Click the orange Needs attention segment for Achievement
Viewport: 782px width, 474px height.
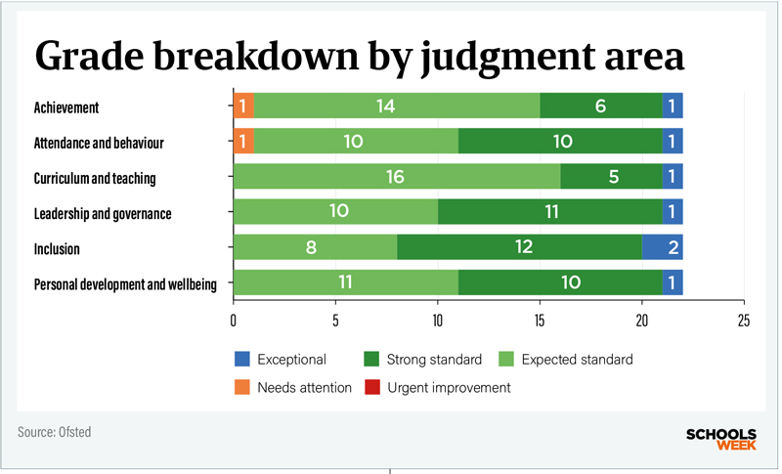pyautogui.click(x=243, y=107)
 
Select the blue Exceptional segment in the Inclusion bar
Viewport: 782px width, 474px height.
pyautogui.click(x=662, y=248)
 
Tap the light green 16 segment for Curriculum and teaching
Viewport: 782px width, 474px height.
pyautogui.click(x=397, y=178)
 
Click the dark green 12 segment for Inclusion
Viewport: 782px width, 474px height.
pyautogui.click(x=519, y=248)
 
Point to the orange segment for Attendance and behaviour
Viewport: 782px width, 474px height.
pyautogui.click(x=243, y=143)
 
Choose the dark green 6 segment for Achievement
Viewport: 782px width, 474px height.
pyautogui.click(x=600, y=107)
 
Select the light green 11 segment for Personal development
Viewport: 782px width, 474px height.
pyautogui.click(x=345, y=283)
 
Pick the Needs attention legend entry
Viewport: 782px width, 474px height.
pyautogui.click(x=293, y=388)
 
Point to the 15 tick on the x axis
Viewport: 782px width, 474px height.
pyautogui.click(x=540, y=319)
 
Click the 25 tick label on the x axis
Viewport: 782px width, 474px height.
pyautogui.click(x=744, y=319)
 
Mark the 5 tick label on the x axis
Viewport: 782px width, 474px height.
pyautogui.click(x=335, y=319)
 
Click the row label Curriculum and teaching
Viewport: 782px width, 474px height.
pyautogui.click(x=95, y=178)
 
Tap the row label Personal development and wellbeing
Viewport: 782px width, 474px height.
pyautogui.click(x=125, y=284)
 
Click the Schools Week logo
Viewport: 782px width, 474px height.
pyautogui.click(x=722, y=438)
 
